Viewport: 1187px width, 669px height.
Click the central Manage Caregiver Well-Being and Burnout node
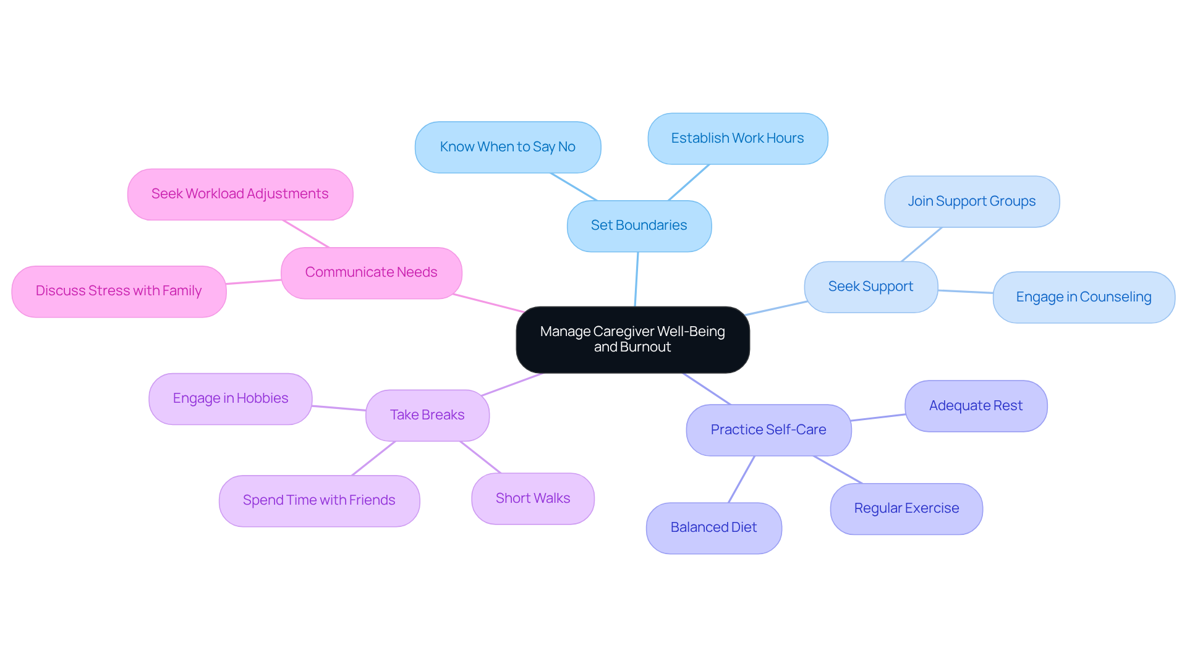click(632, 339)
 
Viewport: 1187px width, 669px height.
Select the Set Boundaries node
click(639, 225)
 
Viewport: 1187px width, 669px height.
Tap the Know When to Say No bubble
click(508, 147)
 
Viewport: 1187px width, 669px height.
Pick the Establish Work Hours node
click(738, 138)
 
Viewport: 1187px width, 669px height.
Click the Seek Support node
click(870, 287)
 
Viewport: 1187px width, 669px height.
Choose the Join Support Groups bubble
click(971, 201)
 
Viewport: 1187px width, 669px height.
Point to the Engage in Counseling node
click(1083, 297)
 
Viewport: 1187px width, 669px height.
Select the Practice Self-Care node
click(768, 430)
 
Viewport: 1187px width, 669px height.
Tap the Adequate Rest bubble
click(976, 406)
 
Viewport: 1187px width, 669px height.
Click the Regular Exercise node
click(906, 508)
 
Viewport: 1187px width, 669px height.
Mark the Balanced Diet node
click(713, 528)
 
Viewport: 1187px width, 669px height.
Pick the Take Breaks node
click(427, 415)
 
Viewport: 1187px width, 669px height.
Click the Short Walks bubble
click(533, 499)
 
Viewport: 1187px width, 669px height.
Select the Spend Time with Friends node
click(319, 500)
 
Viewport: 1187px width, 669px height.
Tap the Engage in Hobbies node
click(231, 398)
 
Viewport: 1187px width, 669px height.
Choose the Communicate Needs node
click(371, 272)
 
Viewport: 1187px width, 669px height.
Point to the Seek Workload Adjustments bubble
click(240, 194)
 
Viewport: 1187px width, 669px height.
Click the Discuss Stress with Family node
click(119, 291)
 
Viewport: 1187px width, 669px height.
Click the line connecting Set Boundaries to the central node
click(636, 279)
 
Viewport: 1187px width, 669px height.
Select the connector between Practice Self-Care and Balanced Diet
click(741, 479)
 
